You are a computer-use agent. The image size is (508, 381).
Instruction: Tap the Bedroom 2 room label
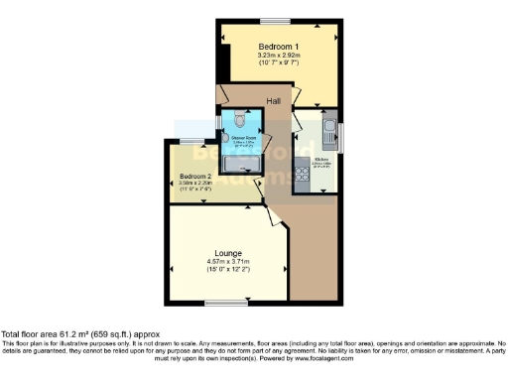coord(196,175)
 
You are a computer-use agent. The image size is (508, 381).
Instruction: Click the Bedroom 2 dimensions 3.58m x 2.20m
coord(196,183)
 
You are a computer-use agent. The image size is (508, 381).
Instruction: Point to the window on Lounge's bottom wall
coord(219,303)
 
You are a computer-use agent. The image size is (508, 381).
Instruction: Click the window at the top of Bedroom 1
coord(275,20)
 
